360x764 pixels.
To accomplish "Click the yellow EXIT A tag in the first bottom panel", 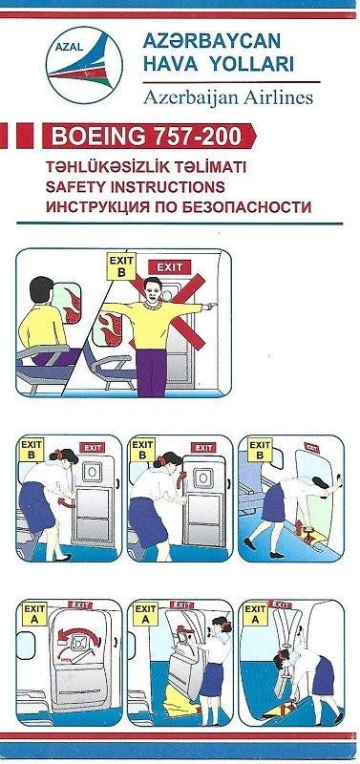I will pos(33,613).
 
